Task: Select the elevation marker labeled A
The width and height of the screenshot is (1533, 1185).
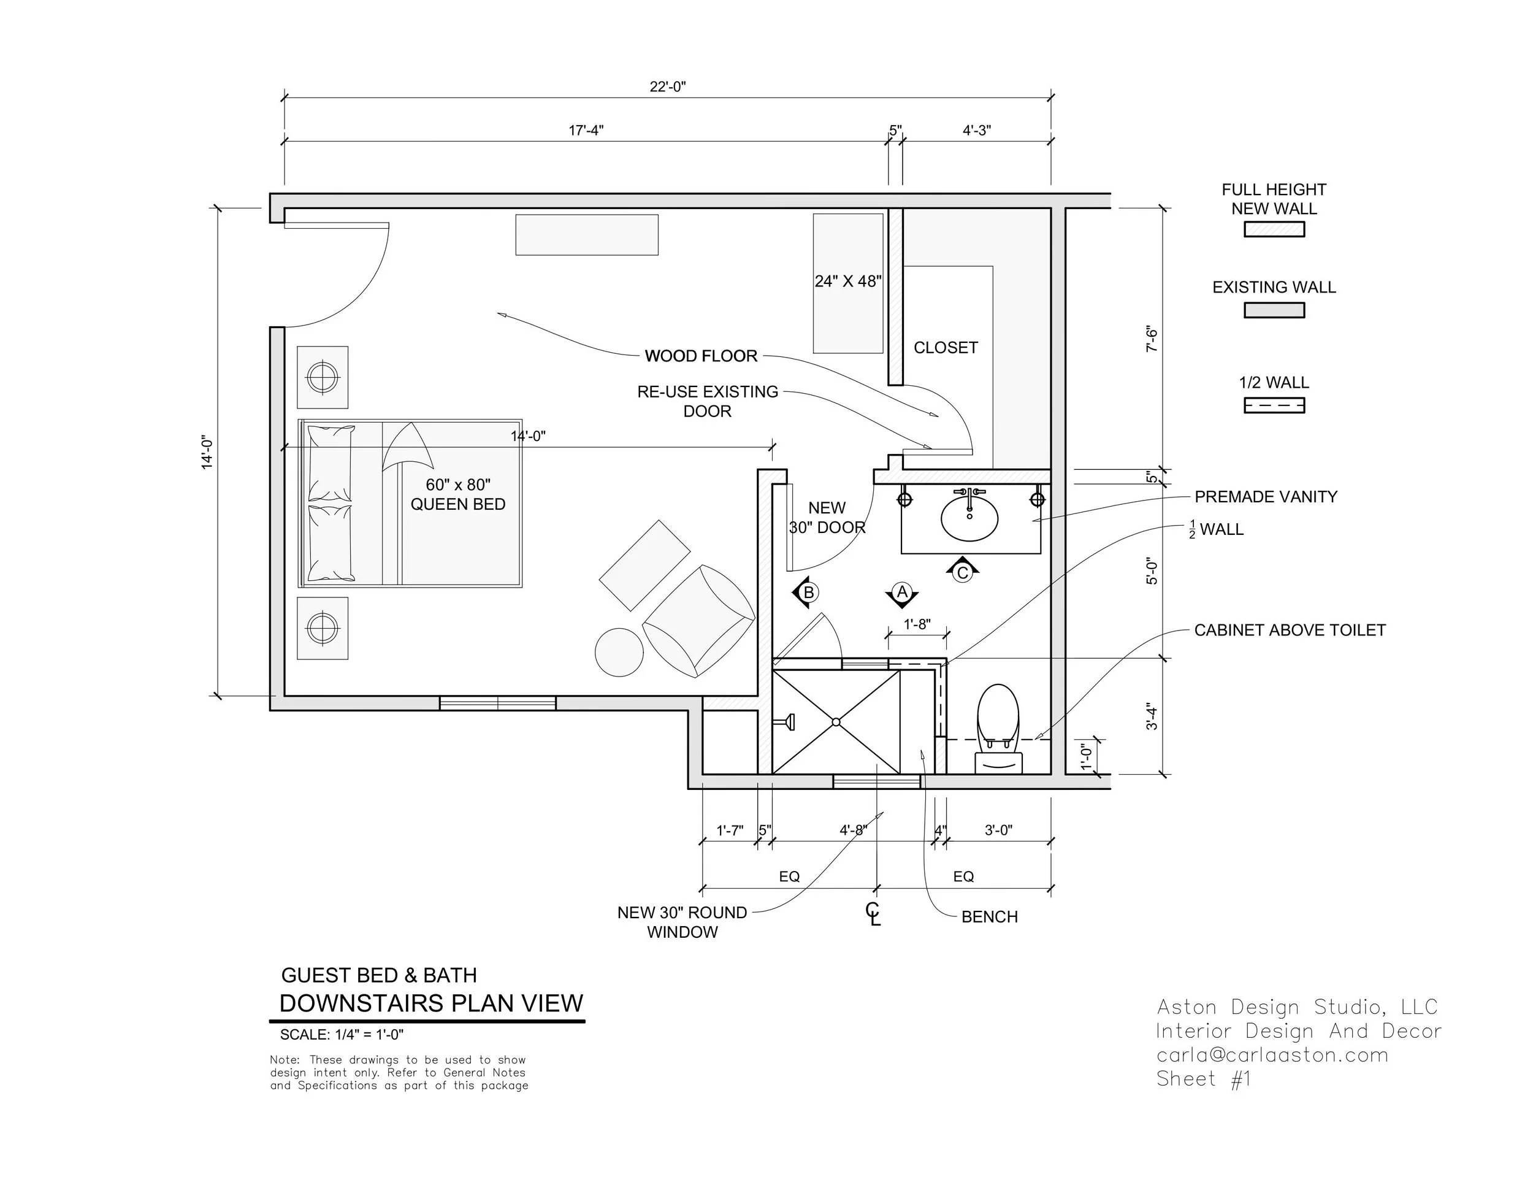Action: (902, 594)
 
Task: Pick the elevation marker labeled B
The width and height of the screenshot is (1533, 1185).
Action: (806, 592)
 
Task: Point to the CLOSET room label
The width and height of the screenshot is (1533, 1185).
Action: (946, 348)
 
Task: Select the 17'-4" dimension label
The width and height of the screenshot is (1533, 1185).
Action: (586, 130)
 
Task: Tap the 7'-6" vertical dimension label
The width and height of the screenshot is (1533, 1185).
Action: (1152, 339)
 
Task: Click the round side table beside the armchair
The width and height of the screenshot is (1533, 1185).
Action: (619, 652)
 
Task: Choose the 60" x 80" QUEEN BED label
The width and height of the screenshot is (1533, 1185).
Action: (457, 494)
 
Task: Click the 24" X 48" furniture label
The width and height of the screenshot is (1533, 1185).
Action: (848, 282)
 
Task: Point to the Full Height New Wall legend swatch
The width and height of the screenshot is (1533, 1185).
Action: (1274, 229)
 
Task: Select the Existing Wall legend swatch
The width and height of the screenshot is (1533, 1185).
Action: (1274, 310)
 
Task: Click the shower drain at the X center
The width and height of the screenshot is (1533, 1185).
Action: (836, 722)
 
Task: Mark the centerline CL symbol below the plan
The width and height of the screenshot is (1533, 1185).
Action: (874, 914)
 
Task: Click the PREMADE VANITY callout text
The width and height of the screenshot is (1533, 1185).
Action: (1266, 496)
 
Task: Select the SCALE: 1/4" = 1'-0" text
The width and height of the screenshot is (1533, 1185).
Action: (342, 1034)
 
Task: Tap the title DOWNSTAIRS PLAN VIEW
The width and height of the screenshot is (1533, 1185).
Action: (431, 1003)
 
